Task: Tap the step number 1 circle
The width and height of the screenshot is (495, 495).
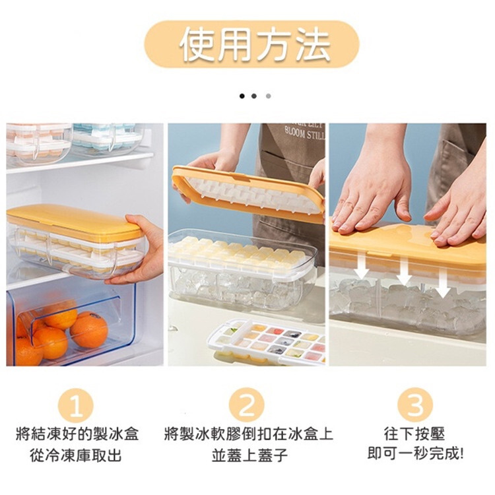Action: (76, 406)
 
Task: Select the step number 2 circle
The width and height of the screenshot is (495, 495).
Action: (247, 406)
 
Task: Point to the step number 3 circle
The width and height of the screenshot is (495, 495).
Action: (415, 406)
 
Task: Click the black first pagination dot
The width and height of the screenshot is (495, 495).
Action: (242, 96)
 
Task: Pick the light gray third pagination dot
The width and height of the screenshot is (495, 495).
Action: (269, 96)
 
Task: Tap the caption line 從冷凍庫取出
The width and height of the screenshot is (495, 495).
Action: (76, 455)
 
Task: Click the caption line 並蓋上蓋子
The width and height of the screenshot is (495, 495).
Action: (249, 455)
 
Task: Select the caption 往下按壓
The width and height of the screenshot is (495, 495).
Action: (414, 434)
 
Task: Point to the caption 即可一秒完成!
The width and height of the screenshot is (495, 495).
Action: (415, 454)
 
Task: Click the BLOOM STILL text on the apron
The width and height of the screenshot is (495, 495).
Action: (304, 134)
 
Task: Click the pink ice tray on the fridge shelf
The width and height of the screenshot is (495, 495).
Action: (38, 142)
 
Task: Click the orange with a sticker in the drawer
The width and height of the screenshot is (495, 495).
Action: (88, 329)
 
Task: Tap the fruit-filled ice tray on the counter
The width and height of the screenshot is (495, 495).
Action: (267, 342)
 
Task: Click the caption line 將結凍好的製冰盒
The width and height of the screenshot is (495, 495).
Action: (77, 434)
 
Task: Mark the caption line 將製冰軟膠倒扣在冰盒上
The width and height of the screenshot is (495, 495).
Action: (249, 434)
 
